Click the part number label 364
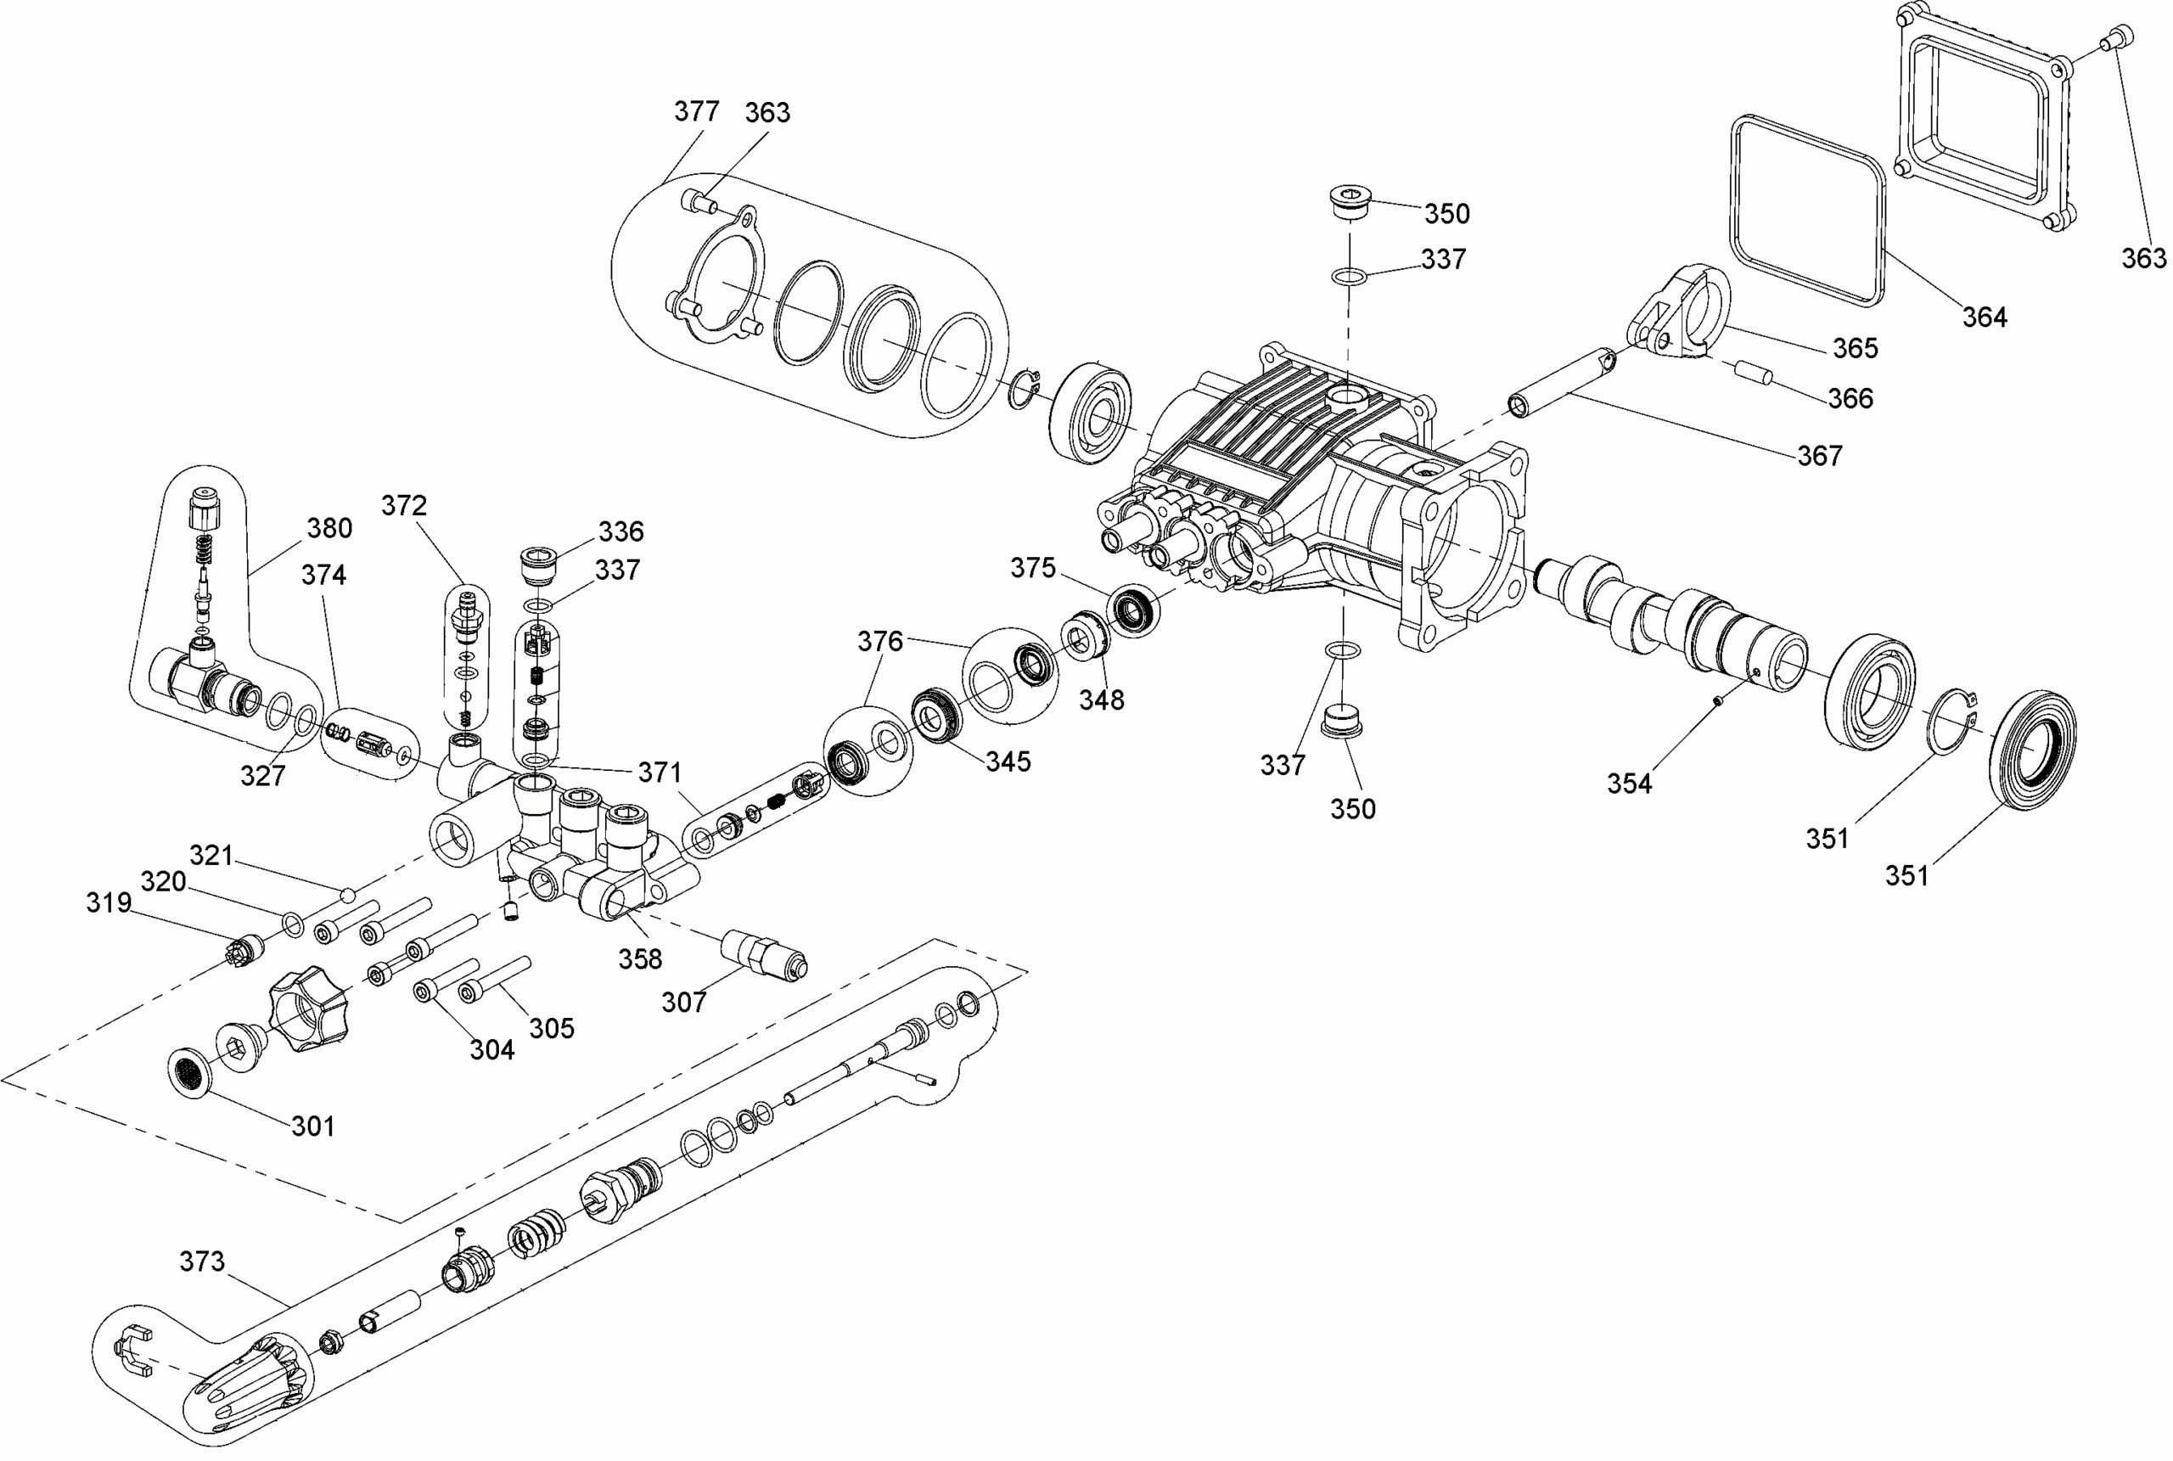click(x=1984, y=317)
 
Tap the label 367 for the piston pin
click(x=1819, y=456)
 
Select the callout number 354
click(x=1629, y=784)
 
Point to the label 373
click(x=202, y=1262)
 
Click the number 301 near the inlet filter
click(x=313, y=1126)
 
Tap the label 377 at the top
click(x=697, y=112)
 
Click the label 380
click(x=329, y=528)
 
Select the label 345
click(x=1008, y=761)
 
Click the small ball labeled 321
click(x=348, y=895)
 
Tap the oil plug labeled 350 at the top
click(x=1347, y=204)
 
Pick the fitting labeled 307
click(x=764, y=953)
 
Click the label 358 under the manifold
click(x=640, y=958)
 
